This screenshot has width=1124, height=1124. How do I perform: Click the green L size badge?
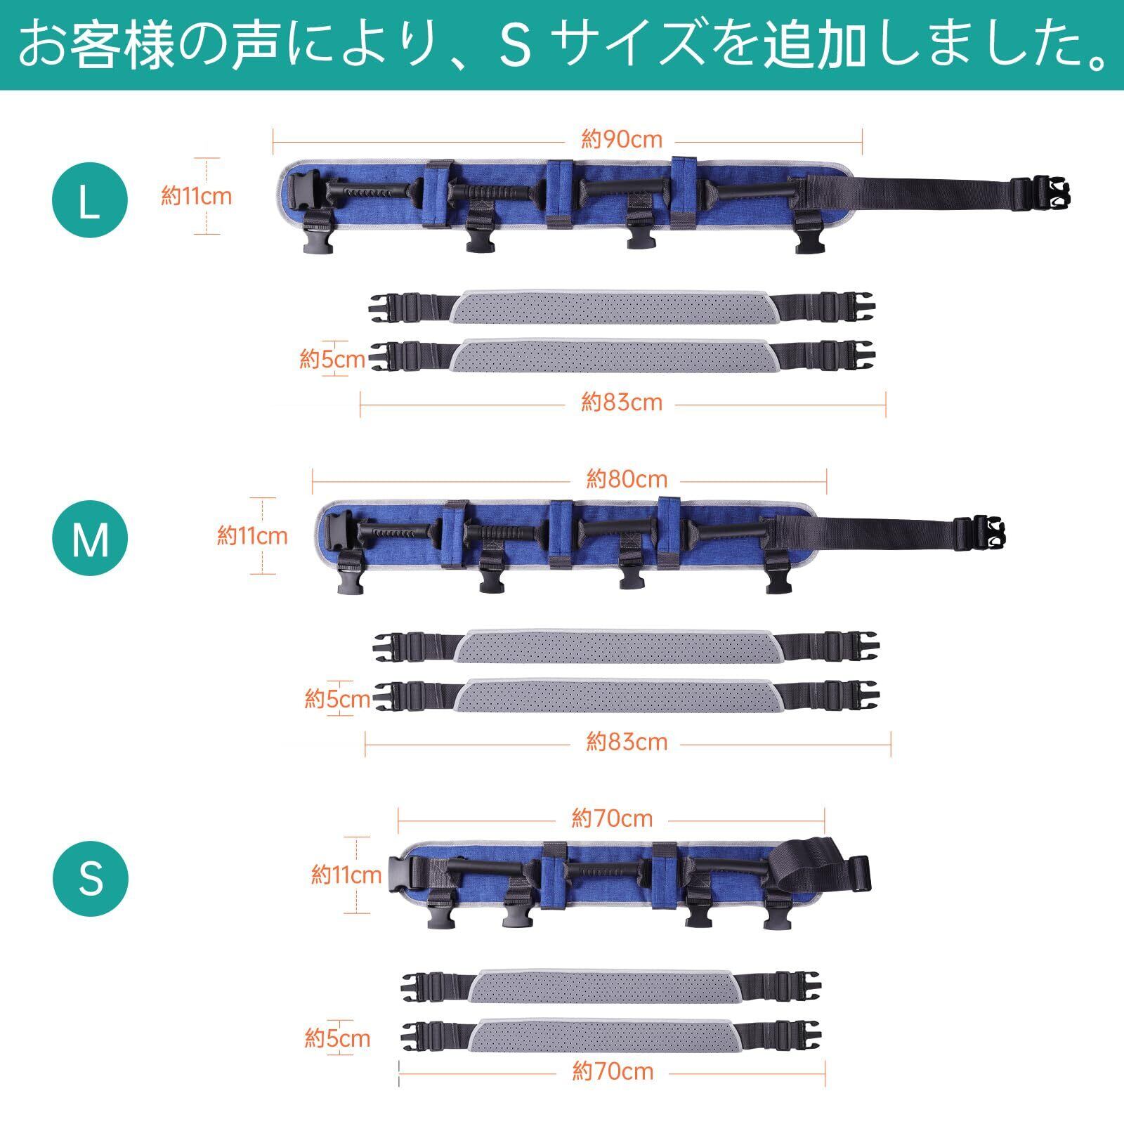90,201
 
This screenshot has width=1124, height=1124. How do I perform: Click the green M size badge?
90,539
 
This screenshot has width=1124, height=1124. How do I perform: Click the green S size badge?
90,878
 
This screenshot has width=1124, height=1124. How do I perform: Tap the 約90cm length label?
622,140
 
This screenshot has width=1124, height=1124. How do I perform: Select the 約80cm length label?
627,480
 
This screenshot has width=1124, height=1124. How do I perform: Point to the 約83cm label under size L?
622,403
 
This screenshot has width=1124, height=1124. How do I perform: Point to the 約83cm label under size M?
627,742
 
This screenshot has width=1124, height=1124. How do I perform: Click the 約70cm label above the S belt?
612,818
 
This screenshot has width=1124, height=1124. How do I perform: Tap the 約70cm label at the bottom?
613,1071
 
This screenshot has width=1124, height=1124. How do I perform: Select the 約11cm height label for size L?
196,196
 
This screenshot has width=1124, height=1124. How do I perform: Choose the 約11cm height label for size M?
252,537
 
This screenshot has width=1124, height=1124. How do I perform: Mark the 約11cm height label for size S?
346,875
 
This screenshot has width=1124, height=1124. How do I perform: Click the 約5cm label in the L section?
332,360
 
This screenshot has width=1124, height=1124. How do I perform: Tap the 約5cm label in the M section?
337,699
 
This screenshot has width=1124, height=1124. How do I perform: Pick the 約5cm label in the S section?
337,1038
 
